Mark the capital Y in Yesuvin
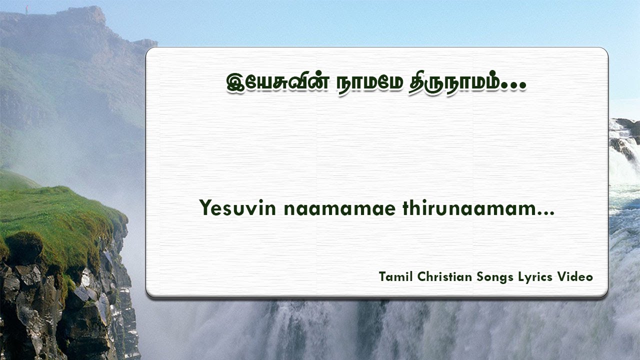pos(205,207)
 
